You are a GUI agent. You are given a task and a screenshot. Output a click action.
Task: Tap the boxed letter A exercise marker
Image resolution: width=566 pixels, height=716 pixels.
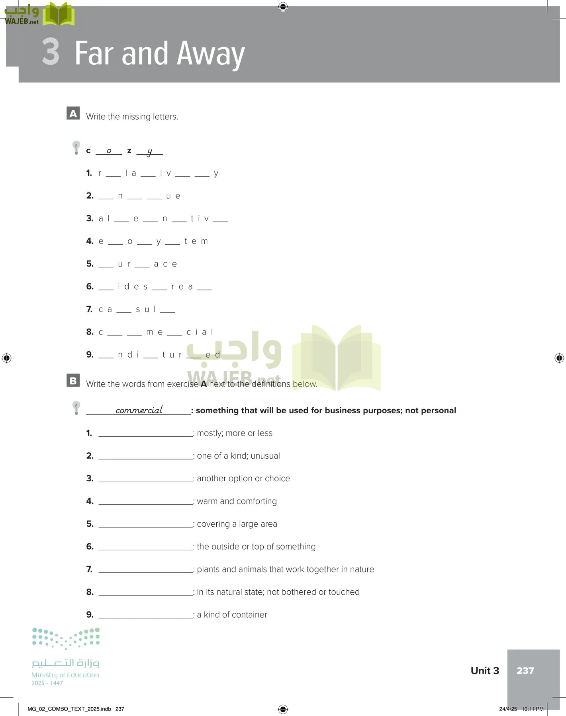73,113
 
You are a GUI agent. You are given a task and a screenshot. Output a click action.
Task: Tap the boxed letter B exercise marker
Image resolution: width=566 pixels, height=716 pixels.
73,380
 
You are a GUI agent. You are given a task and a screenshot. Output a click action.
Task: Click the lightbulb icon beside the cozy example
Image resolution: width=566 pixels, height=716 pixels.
76,148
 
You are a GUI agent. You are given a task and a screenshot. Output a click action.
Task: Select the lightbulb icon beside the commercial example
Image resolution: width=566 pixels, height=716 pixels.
76,408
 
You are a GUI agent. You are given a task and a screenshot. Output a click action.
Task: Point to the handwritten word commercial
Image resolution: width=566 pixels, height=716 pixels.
139,410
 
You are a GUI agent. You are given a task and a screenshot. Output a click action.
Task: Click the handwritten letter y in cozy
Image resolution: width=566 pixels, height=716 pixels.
149,152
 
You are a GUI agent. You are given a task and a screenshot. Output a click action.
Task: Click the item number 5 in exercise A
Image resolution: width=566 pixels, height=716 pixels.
90,264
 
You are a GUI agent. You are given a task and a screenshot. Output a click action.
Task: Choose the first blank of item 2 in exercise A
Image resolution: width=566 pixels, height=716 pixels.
106,197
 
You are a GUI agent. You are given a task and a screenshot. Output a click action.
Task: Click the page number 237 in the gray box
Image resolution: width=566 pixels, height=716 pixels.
525,671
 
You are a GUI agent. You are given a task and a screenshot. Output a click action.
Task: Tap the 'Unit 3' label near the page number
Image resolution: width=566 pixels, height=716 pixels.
485,671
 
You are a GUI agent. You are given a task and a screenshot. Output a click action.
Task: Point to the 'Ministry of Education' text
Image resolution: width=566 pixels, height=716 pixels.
65,675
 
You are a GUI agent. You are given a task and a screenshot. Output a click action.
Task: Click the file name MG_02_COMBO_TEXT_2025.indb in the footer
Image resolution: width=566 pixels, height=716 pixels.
69,709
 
